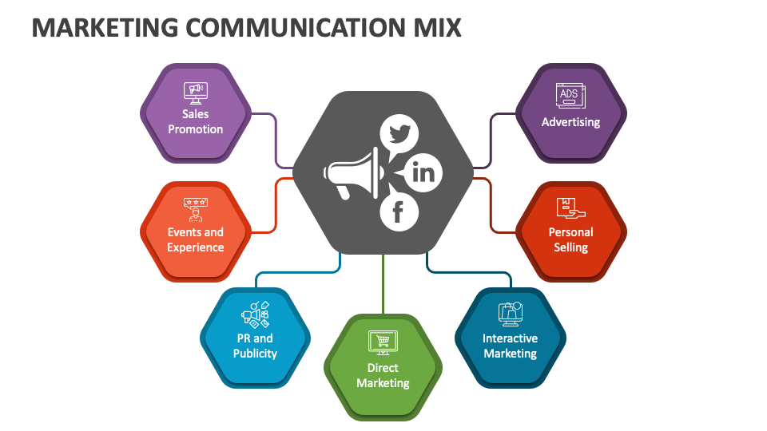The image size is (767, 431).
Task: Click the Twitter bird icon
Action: point(399,132)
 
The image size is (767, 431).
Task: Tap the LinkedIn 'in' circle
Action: point(424,172)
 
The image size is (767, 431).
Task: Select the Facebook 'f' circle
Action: point(398,212)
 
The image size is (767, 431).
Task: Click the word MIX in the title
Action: point(435,28)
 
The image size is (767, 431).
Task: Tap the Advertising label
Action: point(570,122)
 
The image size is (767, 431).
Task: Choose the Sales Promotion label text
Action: point(195,121)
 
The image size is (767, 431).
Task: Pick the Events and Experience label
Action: point(195,239)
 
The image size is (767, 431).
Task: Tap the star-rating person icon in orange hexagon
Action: point(195,210)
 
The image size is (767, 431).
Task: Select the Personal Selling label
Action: point(570,239)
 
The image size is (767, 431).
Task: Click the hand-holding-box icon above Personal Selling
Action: point(570,208)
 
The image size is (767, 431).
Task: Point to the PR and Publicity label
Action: point(255,346)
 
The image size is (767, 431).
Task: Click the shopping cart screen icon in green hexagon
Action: point(383,342)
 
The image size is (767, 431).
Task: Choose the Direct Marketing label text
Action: point(383,375)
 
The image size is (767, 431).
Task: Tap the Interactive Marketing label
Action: point(510,346)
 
